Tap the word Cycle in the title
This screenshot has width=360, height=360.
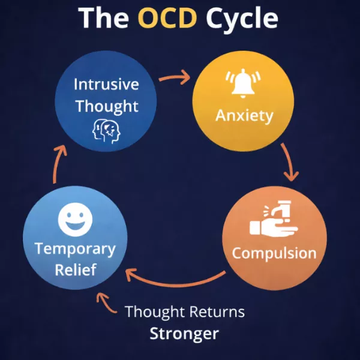point(242,17)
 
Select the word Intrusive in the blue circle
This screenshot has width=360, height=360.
point(106,84)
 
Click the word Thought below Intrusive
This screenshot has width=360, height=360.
point(106,107)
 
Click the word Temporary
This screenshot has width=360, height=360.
point(74,248)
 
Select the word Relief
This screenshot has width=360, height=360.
point(74,269)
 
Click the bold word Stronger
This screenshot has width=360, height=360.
point(184,332)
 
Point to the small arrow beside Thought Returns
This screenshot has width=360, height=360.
point(108,303)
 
